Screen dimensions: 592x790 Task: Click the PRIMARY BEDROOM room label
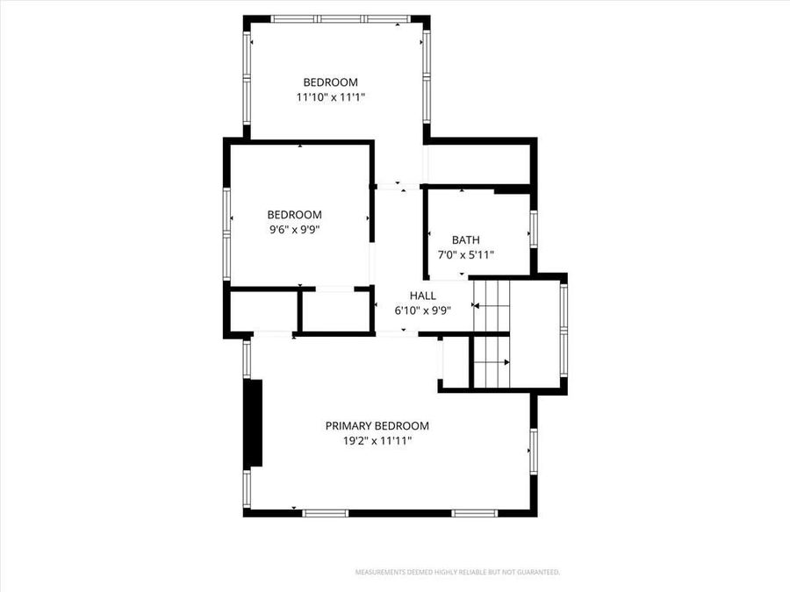377,426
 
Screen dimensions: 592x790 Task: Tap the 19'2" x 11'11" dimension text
377,441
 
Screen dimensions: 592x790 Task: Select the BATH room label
465,240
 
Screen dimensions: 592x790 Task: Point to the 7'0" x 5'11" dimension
465,255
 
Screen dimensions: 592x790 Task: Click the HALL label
422,296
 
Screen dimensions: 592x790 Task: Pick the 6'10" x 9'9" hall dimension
422,310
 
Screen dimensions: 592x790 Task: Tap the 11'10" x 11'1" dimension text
330,97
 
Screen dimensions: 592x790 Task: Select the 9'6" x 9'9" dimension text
294,230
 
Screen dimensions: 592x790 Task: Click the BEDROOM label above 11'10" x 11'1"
330,82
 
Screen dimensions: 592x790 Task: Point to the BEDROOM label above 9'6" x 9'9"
294,215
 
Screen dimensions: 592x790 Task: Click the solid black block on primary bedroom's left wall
255,423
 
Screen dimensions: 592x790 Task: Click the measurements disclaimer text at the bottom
456,572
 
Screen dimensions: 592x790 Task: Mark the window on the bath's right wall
531,233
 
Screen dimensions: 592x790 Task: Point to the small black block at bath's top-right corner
512,190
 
